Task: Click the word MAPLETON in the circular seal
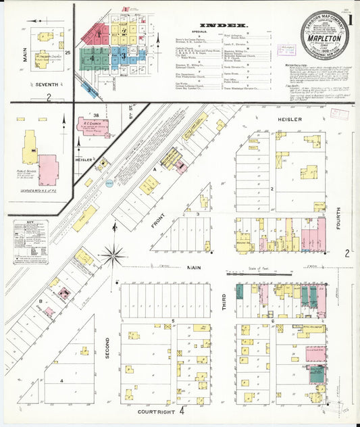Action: point(325,39)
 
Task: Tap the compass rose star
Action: point(113,255)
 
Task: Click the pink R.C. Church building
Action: point(91,127)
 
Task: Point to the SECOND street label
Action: point(107,345)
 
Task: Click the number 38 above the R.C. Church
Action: point(96,116)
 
